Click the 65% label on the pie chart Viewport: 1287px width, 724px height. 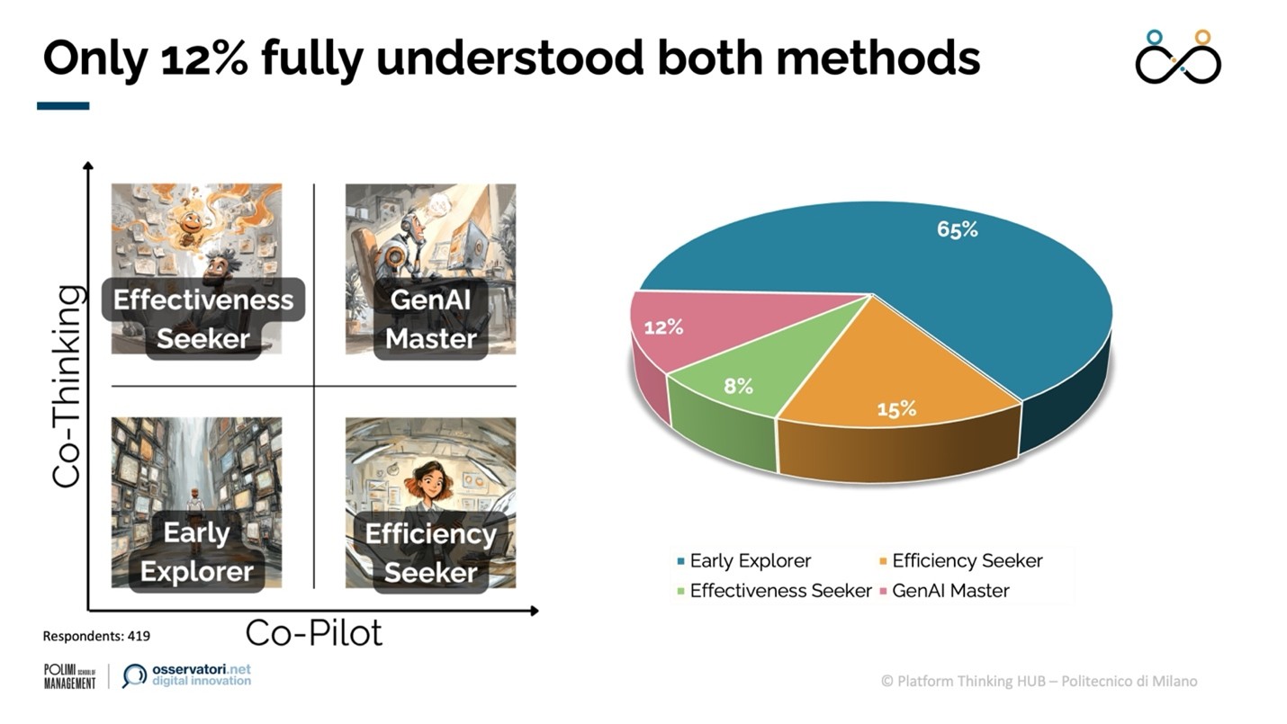point(958,229)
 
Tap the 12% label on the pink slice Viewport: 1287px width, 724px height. point(663,328)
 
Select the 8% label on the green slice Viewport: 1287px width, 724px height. point(738,386)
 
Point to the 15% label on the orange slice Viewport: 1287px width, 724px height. point(896,409)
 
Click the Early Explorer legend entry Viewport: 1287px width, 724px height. point(744,560)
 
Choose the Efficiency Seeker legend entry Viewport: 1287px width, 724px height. point(961,560)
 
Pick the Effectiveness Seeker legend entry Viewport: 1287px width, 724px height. point(775,590)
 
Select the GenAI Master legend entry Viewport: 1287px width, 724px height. point(945,590)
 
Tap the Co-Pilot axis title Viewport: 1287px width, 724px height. point(314,632)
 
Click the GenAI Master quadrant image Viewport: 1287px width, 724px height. point(430,269)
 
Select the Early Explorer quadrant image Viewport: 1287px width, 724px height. point(196,503)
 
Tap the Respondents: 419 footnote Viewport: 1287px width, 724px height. point(96,636)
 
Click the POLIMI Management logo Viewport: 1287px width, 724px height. point(70,676)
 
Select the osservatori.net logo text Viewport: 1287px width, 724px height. point(201,675)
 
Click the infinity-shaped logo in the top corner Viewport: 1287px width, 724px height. point(1178,58)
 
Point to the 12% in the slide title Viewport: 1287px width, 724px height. point(204,58)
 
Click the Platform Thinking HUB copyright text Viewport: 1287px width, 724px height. point(1039,682)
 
